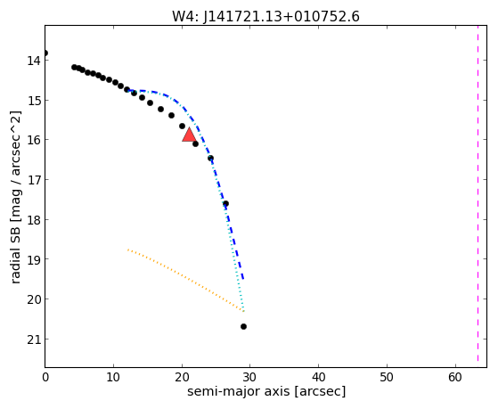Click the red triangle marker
tap(189, 135)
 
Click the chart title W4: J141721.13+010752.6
tap(265, 17)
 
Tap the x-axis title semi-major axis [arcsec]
tap(266, 391)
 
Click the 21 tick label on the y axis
tap(34, 339)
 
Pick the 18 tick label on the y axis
tap(34, 219)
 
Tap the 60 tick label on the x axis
tap(455, 378)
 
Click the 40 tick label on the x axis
tap(319, 378)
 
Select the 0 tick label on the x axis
tap(45, 378)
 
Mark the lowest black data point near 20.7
tap(243, 326)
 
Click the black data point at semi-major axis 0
tap(45, 53)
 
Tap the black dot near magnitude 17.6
tap(225, 203)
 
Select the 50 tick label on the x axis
tap(387, 378)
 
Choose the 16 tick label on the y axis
tap(34, 140)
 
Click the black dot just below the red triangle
tap(196, 144)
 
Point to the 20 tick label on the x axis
tap(182, 378)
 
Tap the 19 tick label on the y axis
tap(34, 259)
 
